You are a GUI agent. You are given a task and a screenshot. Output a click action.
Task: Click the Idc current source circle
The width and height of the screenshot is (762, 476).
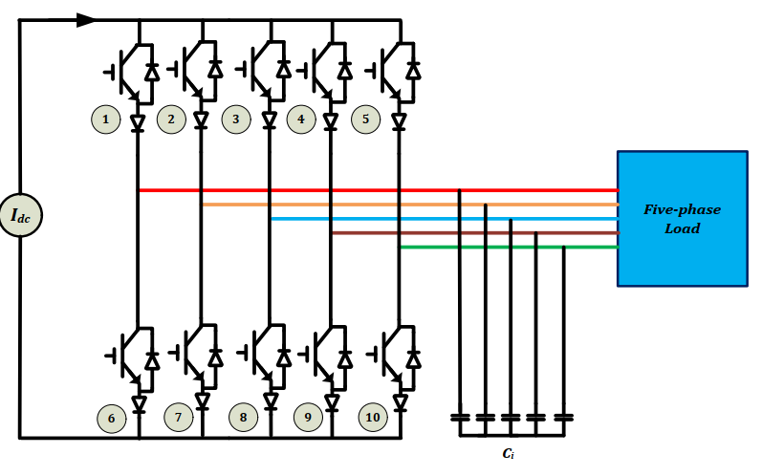20,215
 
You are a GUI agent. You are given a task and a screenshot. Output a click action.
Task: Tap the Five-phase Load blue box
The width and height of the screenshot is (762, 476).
683,219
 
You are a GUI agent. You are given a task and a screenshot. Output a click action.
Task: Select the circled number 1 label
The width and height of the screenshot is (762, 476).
105,119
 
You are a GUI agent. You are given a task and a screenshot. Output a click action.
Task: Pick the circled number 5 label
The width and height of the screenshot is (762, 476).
365,119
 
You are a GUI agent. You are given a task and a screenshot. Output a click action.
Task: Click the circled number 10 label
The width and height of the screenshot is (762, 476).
373,418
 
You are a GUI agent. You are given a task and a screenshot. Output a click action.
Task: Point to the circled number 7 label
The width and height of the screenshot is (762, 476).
179,418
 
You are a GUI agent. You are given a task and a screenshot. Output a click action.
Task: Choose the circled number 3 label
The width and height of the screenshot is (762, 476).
236,119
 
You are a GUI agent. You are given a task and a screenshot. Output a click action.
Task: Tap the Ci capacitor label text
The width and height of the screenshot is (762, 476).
508,454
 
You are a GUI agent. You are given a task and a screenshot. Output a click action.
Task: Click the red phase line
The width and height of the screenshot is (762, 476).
379,190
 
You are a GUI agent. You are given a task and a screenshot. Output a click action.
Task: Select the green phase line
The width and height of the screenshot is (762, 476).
509,248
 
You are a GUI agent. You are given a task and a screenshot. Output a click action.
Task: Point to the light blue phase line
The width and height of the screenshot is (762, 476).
445,219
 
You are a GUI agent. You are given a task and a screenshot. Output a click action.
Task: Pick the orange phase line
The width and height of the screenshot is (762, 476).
411,205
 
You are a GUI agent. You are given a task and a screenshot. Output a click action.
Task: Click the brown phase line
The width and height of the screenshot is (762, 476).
475,233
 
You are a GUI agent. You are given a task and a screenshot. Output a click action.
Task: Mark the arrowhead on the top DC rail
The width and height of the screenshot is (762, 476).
86,20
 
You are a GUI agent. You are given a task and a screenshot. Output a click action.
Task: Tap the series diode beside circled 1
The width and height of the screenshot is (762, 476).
138,122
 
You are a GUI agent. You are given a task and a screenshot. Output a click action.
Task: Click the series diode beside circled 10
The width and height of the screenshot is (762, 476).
400,402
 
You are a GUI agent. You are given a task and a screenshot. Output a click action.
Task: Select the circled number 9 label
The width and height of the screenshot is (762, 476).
308,418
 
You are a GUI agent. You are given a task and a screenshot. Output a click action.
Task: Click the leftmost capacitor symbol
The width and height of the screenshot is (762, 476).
460,418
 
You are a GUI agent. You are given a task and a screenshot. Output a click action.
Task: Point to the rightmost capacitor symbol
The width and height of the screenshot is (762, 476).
564,418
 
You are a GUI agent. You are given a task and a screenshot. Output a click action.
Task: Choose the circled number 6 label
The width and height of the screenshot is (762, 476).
111,419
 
